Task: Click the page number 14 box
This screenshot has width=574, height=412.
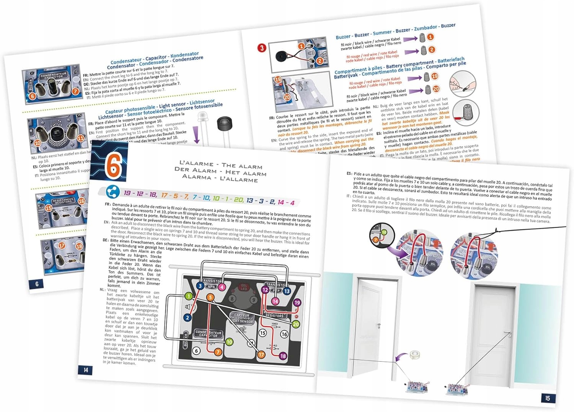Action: [86, 370]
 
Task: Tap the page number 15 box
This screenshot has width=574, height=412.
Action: [548, 398]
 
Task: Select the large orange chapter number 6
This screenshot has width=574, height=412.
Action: [113, 166]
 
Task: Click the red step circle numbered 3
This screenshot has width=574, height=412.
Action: [262, 48]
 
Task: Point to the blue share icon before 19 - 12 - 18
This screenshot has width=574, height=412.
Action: [113, 191]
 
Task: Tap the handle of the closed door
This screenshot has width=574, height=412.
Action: [508, 333]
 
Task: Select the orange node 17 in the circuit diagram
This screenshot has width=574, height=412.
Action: [261, 355]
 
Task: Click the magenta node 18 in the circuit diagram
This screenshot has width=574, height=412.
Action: [283, 356]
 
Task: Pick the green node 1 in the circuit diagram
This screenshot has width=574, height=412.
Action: [189, 296]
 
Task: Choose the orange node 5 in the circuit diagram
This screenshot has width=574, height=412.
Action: [210, 297]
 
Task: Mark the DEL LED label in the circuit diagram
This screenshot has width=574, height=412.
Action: [244, 287]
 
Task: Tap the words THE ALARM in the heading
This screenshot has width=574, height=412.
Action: [242, 166]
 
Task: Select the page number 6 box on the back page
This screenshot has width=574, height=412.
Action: [37, 284]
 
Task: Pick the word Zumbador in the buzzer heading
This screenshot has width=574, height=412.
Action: [426, 28]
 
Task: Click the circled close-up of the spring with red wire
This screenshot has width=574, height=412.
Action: [466, 113]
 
